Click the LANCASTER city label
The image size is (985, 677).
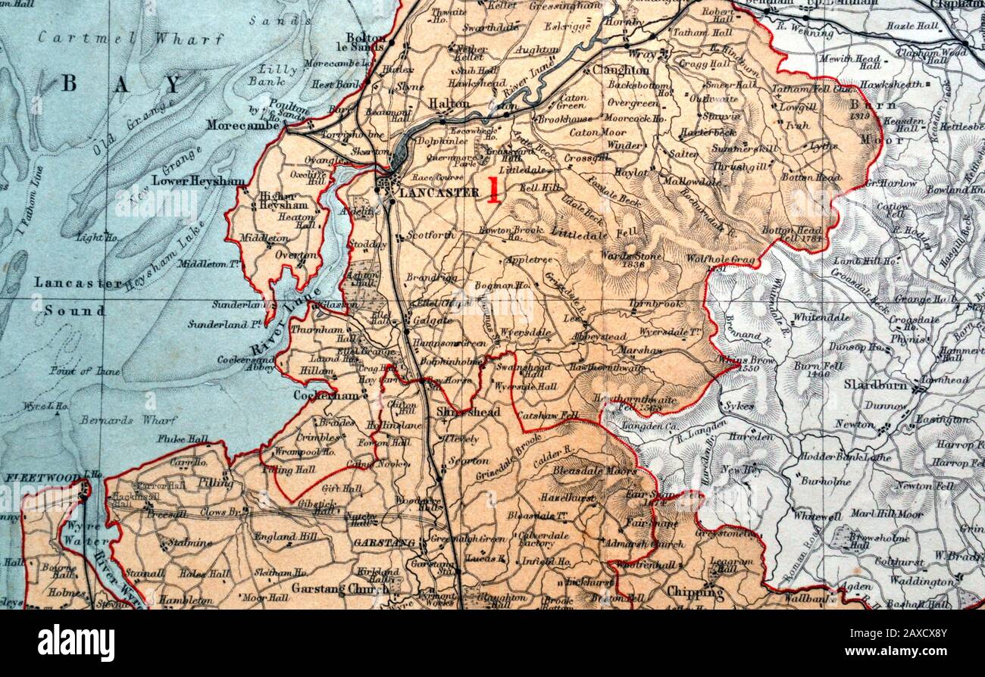point(439,192)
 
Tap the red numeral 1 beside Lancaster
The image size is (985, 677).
point(494,190)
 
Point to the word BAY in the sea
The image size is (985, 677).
point(122,83)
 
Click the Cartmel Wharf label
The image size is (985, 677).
point(131,38)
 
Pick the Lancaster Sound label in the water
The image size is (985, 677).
point(77,296)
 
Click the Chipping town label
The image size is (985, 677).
point(695,592)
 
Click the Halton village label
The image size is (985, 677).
point(449,103)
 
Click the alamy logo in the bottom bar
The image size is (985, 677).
point(77,643)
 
